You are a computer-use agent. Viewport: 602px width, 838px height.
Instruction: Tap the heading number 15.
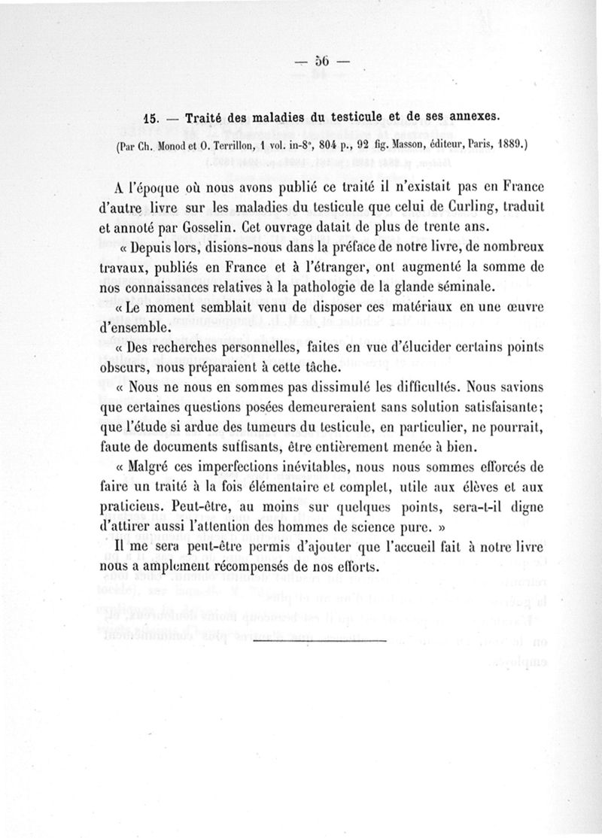click(154, 117)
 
